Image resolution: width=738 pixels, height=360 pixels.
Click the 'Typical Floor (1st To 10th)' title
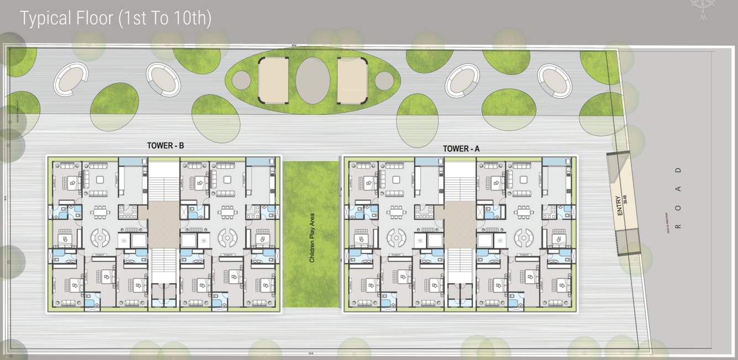(x=115, y=19)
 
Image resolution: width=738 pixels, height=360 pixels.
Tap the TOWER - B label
(x=165, y=146)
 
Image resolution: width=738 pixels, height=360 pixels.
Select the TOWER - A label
(x=461, y=149)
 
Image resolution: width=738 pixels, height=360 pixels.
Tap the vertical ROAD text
(x=678, y=198)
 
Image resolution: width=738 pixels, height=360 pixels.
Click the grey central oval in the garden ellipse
(x=313, y=81)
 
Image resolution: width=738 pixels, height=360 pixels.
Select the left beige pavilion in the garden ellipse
(x=273, y=80)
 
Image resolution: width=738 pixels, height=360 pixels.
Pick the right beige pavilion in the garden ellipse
(x=352, y=81)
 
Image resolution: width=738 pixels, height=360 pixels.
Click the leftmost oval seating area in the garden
(x=71, y=79)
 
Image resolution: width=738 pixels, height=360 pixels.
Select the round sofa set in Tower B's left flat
(x=100, y=237)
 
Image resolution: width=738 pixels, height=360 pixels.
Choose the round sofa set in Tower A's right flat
(x=524, y=237)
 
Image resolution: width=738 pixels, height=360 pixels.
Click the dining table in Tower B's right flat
(x=228, y=212)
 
